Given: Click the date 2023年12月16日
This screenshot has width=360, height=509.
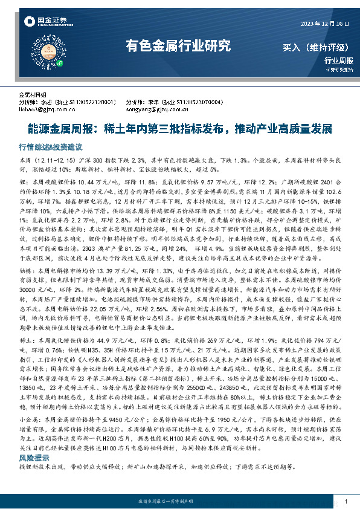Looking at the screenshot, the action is (x=325, y=24).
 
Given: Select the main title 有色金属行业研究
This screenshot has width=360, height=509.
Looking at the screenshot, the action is (x=178, y=45).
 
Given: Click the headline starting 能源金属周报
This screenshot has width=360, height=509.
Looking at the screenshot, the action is (x=179, y=129).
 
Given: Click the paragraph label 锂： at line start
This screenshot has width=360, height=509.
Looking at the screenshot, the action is (x=24, y=182).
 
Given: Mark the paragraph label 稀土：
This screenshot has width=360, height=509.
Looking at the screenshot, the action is (x=28, y=342).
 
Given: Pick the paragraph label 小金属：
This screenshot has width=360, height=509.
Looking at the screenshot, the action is (x=30, y=417).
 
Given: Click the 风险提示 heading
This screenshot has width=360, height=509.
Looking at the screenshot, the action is (x=33, y=458).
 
